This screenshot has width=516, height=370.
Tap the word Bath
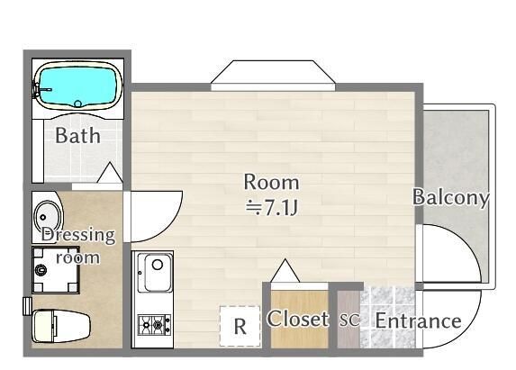point(77,137)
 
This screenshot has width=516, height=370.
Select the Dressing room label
point(78,245)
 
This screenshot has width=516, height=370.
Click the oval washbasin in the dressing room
point(47,217)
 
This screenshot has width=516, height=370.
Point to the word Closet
point(298,319)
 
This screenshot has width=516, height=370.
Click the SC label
point(349,321)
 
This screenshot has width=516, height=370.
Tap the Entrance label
point(418,320)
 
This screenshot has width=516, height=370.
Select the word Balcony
point(450,197)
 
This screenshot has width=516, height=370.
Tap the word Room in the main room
point(271,181)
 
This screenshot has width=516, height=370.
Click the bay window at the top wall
point(273,76)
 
